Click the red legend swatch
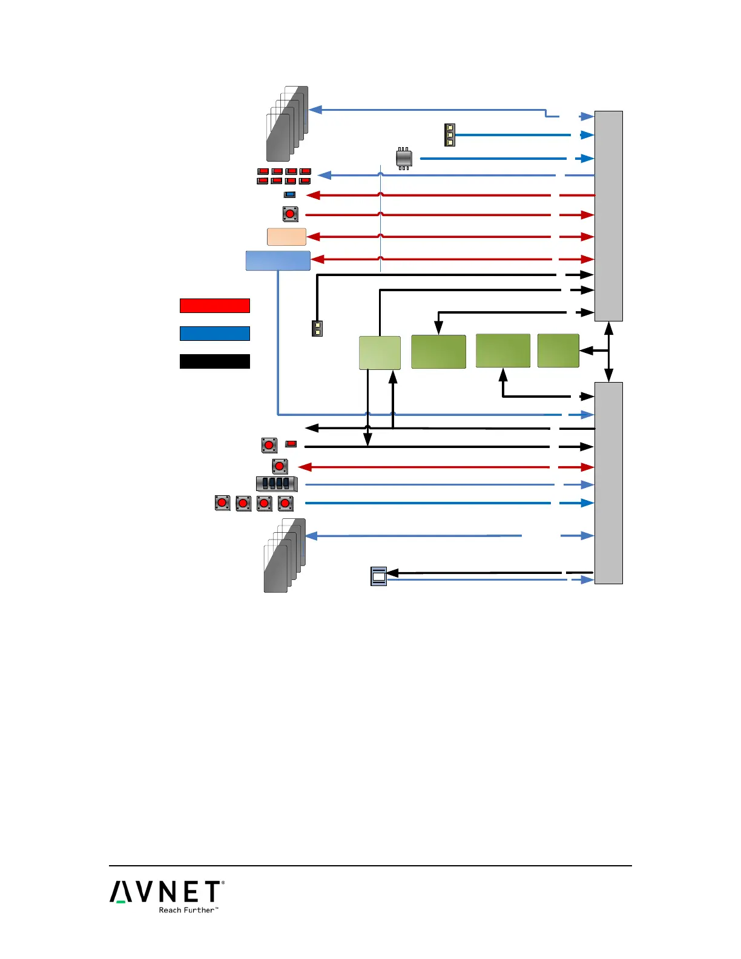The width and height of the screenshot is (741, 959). (x=214, y=305)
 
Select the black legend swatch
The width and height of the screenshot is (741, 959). (x=214, y=361)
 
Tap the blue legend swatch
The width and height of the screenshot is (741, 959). (x=214, y=334)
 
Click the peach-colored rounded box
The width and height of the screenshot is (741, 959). (x=286, y=237)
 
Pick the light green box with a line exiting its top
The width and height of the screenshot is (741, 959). (x=380, y=352)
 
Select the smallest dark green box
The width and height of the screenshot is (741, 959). (x=558, y=351)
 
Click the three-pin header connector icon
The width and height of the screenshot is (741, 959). (x=449, y=135)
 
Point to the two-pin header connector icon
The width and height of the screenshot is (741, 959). (x=317, y=328)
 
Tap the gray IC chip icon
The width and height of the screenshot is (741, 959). (x=404, y=159)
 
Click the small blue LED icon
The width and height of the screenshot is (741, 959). (x=290, y=195)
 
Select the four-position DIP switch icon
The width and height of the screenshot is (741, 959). (x=277, y=484)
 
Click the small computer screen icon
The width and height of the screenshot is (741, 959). (x=378, y=576)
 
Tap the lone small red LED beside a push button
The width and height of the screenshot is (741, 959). (x=291, y=444)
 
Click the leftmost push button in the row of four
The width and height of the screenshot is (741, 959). (x=223, y=503)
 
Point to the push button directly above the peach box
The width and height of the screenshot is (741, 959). (x=290, y=214)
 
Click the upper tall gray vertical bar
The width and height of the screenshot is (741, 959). (x=608, y=216)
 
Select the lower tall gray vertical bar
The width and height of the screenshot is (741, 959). (x=608, y=483)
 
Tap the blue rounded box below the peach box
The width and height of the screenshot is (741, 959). (x=278, y=260)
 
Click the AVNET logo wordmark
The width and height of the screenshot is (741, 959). (x=166, y=892)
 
